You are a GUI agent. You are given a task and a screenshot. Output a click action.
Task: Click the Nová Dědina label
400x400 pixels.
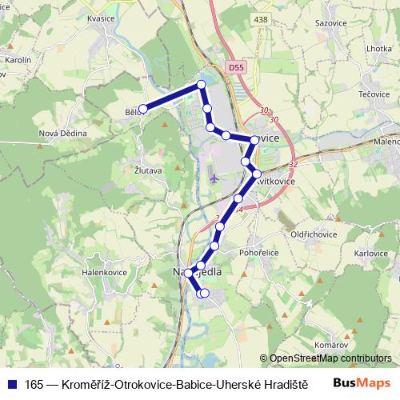pyautogui.click(x=62, y=133)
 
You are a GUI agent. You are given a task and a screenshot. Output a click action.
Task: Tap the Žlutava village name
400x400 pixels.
pyautogui.click(x=149, y=170)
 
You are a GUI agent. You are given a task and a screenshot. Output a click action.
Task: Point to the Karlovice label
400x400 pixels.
pyautogui.click(x=371, y=253)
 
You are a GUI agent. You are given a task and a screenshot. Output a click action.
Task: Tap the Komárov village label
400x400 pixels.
pyautogui.click(x=330, y=345)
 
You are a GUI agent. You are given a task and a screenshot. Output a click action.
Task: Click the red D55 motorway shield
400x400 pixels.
pyautogui.click(x=234, y=69)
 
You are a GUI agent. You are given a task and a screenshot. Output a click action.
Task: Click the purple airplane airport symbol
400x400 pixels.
pyautogui.click(x=214, y=177)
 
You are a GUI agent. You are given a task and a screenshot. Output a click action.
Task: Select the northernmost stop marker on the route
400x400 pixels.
pyautogui.click(x=202, y=84)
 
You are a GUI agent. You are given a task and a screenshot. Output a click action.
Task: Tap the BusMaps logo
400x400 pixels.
pyautogui.click(x=361, y=382)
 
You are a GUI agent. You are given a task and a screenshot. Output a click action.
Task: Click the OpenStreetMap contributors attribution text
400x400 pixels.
pyautogui.click(x=330, y=358)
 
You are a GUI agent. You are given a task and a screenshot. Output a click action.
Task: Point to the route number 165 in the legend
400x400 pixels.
pyautogui.click(x=34, y=382)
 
